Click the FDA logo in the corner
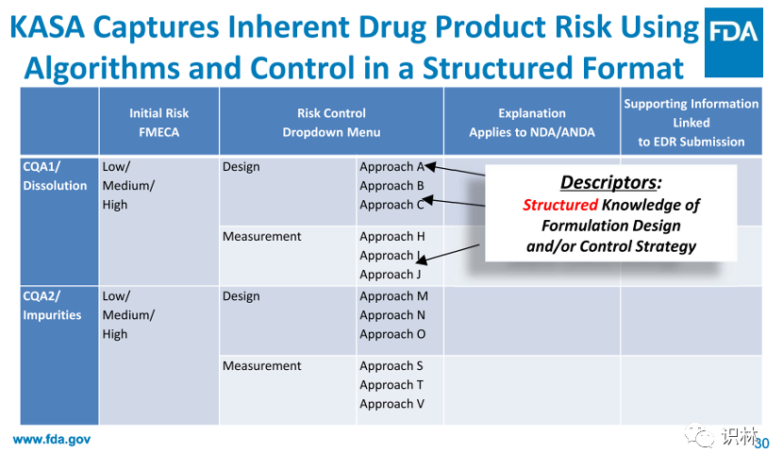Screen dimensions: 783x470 click(x=734, y=42)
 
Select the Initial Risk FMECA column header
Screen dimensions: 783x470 click(x=158, y=123)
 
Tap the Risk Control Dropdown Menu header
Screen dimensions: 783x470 click(x=331, y=123)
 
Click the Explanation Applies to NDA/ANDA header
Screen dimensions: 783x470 click(x=532, y=123)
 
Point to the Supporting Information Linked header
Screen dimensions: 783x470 click(x=691, y=123)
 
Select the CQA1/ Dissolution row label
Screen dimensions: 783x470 click(x=55, y=176)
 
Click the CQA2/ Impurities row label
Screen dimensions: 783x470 click(x=52, y=305)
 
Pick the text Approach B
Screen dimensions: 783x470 click(x=391, y=186)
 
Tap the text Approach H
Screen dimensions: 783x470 click(x=392, y=236)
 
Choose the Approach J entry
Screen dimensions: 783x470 click(x=390, y=275)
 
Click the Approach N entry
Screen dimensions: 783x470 click(x=392, y=315)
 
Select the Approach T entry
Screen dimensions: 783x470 click(x=391, y=385)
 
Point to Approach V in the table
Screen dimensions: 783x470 click(x=391, y=404)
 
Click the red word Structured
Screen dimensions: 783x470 click(x=559, y=205)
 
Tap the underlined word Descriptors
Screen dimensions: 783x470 click(x=608, y=182)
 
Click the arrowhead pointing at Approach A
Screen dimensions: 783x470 click(x=430, y=167)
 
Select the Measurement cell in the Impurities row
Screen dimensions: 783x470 click(x=261, y=366)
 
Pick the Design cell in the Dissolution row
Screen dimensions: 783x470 click(x=242, y=167)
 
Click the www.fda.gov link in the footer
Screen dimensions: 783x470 click(x=52, y=440)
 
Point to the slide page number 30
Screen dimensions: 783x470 click(x=762, y=444)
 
